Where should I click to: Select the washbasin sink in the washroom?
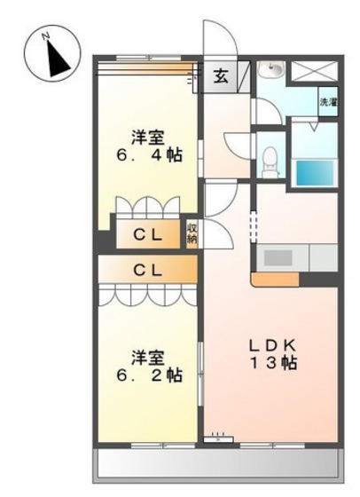[270, 71]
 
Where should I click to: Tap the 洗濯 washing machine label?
[327, 103]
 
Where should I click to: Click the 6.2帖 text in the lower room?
[146, 375]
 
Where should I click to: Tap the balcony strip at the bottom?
[216, 462]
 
